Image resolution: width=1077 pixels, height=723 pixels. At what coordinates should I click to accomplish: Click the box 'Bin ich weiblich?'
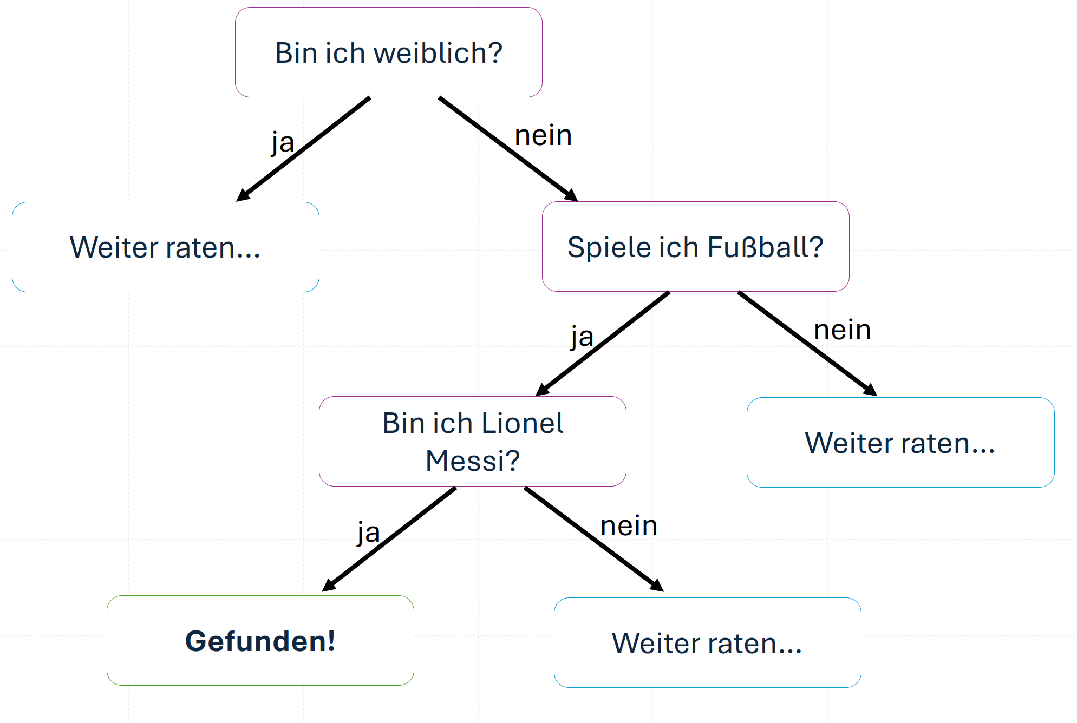pos(389,52)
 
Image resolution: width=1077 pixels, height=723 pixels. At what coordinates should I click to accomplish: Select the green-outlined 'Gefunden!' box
pos(260,641)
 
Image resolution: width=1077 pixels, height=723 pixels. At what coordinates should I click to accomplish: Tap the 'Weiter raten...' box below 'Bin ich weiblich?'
pos(166,247)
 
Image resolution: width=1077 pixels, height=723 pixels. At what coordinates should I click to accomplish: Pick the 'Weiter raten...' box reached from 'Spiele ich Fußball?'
pos(900,443)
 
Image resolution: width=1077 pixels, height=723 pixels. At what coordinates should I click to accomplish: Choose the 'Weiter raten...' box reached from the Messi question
pos(708,643)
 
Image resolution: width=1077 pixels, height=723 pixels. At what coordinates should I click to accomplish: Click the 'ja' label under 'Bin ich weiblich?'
pos(283,143)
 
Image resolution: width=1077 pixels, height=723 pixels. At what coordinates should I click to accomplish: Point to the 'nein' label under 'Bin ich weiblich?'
pos(543,135)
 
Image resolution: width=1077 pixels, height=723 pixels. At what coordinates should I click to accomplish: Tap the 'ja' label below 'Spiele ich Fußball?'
pos(582,337)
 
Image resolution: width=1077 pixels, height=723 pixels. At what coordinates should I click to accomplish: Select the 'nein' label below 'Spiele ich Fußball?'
pos(843,330)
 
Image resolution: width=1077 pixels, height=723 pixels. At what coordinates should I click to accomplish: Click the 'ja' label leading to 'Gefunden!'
pos(369,533)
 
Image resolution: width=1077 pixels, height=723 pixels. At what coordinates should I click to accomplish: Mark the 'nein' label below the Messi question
pos(629,526)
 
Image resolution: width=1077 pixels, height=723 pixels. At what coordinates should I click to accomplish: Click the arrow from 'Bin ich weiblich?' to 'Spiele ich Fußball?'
pos(508,149)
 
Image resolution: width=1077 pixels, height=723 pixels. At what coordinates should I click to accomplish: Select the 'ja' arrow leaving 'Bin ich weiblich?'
pos(303,149)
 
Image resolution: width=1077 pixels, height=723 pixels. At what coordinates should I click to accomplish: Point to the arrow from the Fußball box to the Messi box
pos(603,344)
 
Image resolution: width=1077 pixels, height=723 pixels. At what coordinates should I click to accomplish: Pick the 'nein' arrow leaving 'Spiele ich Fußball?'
pos(807,344)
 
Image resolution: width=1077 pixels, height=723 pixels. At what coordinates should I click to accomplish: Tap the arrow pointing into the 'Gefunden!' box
pos(389,540)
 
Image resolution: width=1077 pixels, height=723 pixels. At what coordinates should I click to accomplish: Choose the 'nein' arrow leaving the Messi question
pos(594,540)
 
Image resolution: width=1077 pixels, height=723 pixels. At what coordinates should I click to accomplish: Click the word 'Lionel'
pos(522,423)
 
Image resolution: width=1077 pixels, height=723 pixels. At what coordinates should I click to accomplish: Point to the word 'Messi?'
pos(473,461)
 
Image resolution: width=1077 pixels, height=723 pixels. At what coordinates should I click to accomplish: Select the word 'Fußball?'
pos(766,247)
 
